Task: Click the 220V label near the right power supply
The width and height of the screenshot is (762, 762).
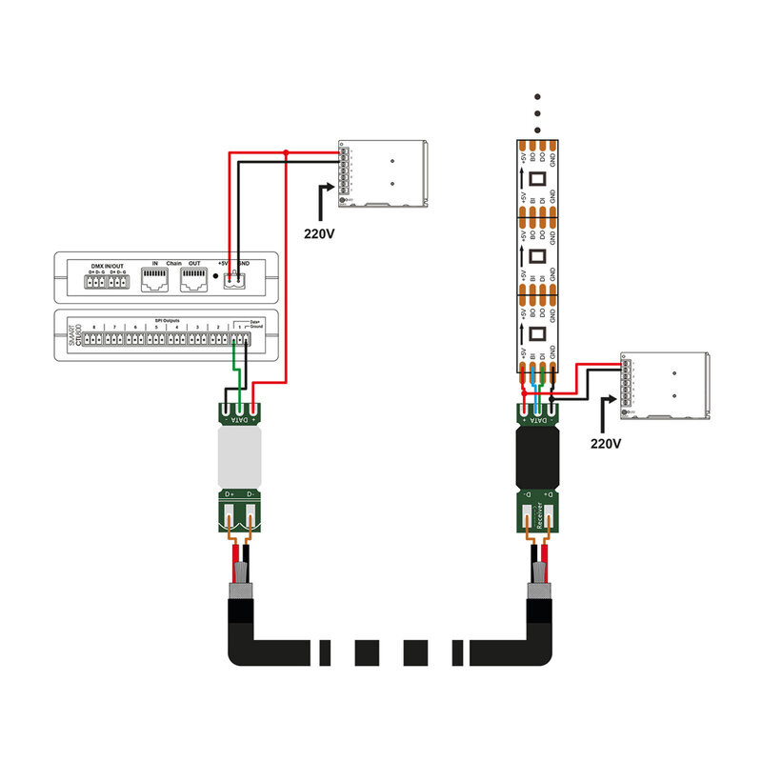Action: (x=607, y=443)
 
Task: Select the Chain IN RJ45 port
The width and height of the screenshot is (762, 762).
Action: (x=154, y=278)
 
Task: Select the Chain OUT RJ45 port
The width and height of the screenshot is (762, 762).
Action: (x=196, y=278)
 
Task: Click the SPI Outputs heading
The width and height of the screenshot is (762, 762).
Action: (x=167, y=320)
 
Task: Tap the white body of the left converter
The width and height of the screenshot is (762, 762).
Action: (x=239, y=458)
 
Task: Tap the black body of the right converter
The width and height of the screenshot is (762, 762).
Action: (x=539, y=458)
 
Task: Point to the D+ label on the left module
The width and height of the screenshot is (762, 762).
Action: (x=230, y=494)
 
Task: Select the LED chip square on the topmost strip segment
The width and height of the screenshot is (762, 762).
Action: (x=536, y=178)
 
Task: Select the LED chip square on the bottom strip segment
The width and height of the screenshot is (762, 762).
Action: (x=536, y=333)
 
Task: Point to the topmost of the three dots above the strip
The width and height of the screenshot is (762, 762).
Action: (x=537, y=96)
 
